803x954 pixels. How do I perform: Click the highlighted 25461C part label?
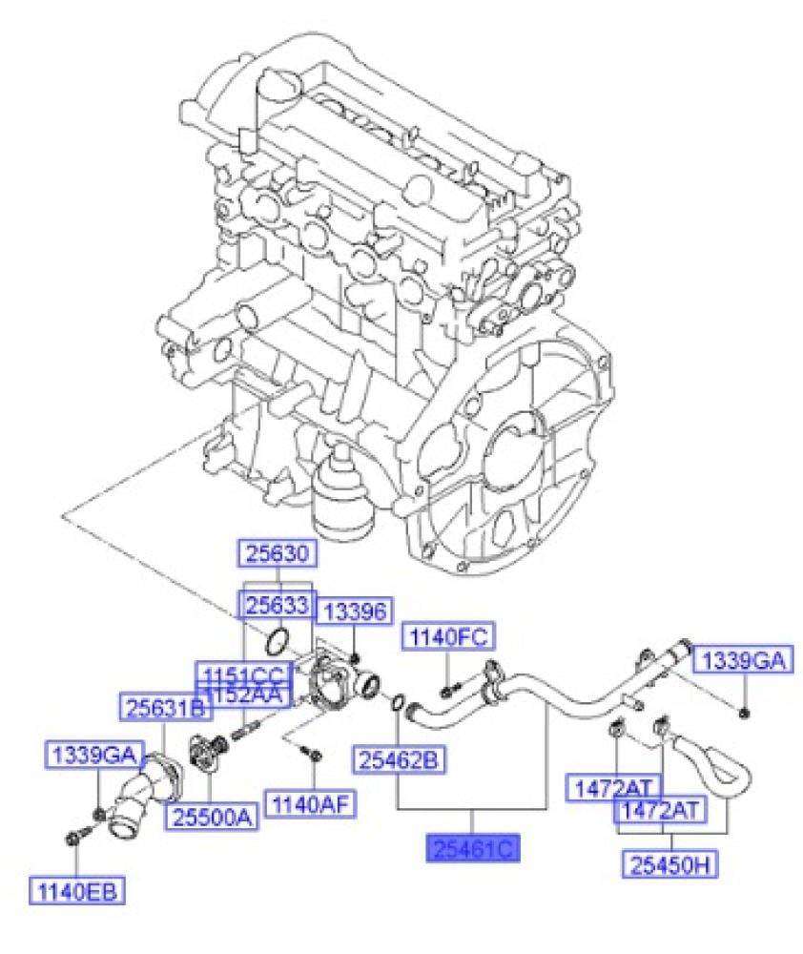point(472,848)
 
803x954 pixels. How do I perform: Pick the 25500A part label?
point(213,816)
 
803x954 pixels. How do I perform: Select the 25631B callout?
point(165,707)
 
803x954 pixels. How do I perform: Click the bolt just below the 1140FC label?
point(450,684)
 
